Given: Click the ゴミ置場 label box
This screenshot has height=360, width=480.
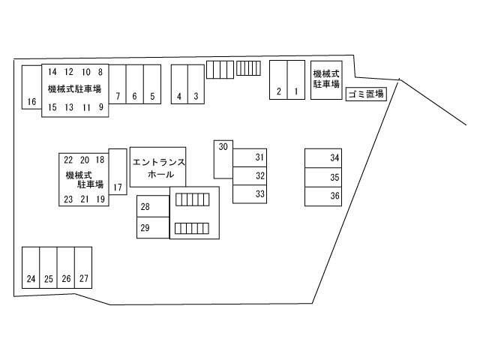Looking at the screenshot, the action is click(366, 94).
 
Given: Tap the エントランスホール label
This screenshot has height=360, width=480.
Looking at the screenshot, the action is click(158, 168).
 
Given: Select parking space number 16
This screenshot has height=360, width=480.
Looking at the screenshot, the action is click(31, 87).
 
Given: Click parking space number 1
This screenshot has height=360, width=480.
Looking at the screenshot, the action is click(296, 80).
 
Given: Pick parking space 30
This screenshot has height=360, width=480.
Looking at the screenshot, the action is click(223, 160).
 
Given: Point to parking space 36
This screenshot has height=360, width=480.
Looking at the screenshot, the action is click(323, 196).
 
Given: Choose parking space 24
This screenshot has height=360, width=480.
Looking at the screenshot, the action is click(31, 268).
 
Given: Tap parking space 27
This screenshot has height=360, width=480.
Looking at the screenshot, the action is click(83, 268).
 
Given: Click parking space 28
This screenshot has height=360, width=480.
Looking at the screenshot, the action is click(153, 206).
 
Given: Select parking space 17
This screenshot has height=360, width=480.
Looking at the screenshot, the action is click(118, 172).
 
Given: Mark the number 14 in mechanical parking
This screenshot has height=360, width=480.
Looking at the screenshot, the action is click(52, 72).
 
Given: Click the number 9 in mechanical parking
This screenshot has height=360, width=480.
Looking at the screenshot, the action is click(100, 107).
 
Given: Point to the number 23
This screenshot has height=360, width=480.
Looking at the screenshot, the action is click(68, 199).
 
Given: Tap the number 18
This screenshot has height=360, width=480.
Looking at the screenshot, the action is click(100, 160).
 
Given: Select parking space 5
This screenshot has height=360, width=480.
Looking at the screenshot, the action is click(152, 84).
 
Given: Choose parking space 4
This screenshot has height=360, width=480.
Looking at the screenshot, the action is click(179, 84).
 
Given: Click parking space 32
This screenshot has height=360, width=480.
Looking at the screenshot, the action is click(250, 175).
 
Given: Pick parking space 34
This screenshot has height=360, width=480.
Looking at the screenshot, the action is click(323, 158).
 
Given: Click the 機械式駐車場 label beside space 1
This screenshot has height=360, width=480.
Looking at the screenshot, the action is click(326, 79).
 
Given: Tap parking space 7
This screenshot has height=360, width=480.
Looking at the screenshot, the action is click(118, 84).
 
